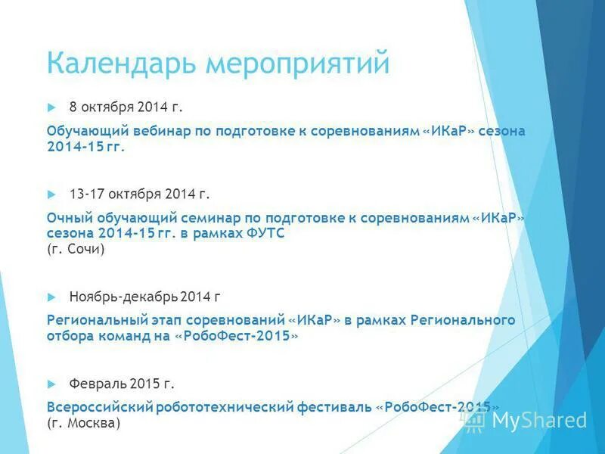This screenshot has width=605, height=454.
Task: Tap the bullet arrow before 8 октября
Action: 51,107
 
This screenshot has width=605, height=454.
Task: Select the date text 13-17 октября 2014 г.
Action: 139,194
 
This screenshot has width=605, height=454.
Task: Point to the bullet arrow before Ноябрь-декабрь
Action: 51,296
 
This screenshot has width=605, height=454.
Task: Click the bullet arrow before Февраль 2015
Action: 51,384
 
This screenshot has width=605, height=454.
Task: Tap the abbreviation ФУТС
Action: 267,234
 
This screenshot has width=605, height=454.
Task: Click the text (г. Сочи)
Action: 76,249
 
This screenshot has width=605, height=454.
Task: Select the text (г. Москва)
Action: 83,424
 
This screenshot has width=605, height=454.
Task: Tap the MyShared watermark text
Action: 539,420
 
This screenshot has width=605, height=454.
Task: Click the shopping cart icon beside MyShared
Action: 475,421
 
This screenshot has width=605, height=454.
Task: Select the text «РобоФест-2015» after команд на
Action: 237,337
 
